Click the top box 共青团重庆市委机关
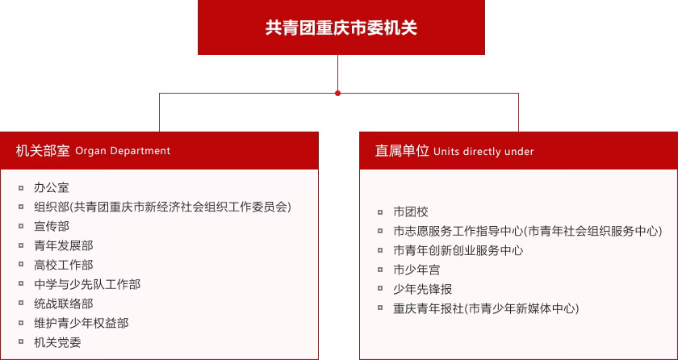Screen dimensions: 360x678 click(x=341, y=27)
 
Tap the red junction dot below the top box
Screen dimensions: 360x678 click(x=337, y=93)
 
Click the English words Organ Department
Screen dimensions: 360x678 click(x=123, y=151)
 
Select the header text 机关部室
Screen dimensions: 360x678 click(x=43, y=151)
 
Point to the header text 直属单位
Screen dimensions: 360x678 click(x=401, y=151)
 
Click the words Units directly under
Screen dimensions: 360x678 click(x=483, y=152)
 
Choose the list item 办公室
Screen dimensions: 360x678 click(x=52, y=187)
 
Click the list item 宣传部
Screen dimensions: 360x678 click(x=52, y=226)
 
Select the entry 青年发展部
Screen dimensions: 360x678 click(x=63, y=245)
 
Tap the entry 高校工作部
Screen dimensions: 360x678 click(x=63, y=265)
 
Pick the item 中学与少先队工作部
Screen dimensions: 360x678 click(x=86, y=284)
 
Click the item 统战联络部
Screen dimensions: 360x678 click(x=63, y=303)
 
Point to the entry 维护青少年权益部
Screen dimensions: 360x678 click(x=81, y=323)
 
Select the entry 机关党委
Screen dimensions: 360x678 click(x=57, y=342)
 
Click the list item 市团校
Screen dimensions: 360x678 click(x=411, y=211)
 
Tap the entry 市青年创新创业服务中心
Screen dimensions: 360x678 click(x=458, y=250)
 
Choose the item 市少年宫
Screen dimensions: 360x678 click(x=416, y=270)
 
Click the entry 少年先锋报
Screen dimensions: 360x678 click(x=422, y=289)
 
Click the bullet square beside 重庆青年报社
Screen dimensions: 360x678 click(x=380, y=308)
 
